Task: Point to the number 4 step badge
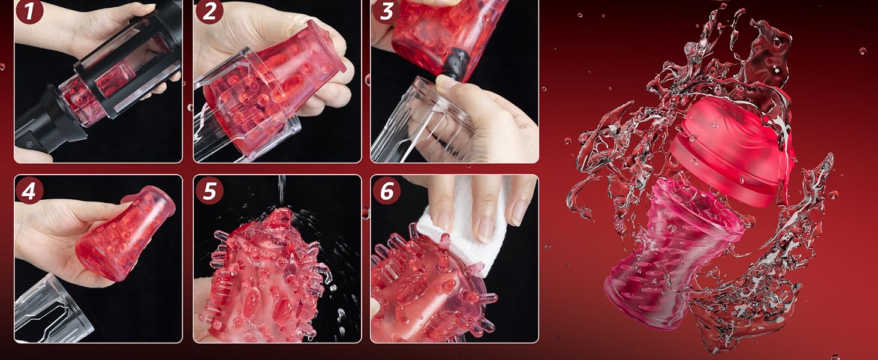click(x=29, y=191)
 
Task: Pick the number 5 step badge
click(x=209, y=191)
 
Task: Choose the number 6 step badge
click(x=386, y=191)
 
